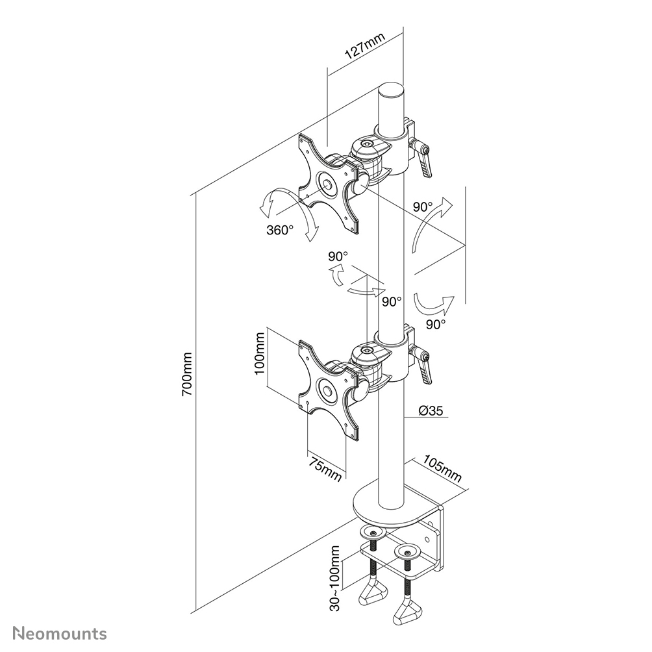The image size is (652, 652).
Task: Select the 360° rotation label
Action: tap(279, 229)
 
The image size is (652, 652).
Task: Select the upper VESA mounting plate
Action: tap(329, 182)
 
